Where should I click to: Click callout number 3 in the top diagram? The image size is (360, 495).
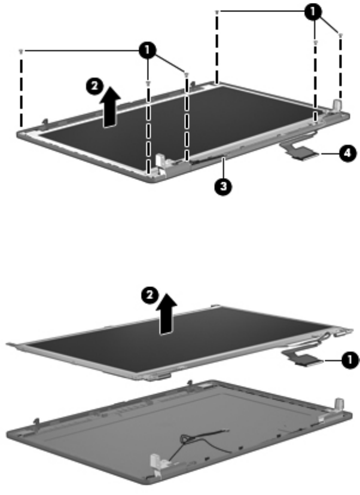(x=223, y=186)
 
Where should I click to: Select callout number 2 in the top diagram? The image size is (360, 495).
(x=94, y=86)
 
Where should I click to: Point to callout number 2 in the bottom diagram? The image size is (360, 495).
(x=150, y=297)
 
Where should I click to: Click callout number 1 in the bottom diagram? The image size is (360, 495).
(x=350, y=360)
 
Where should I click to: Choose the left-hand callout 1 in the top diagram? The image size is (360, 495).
(x=147, y=50)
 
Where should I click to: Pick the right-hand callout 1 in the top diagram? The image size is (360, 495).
(x=313, y=13)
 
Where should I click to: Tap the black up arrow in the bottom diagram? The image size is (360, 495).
(x=167, y=314)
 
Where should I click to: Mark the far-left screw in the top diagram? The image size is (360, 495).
(x=21, y=51)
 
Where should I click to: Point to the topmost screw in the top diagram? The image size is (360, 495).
(x=217, y=12)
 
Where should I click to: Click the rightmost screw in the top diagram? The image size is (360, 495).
(x=340, y=35)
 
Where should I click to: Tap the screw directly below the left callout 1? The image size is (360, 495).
(x=148, y=83)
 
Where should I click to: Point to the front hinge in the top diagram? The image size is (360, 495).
(x=160, y=161)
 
